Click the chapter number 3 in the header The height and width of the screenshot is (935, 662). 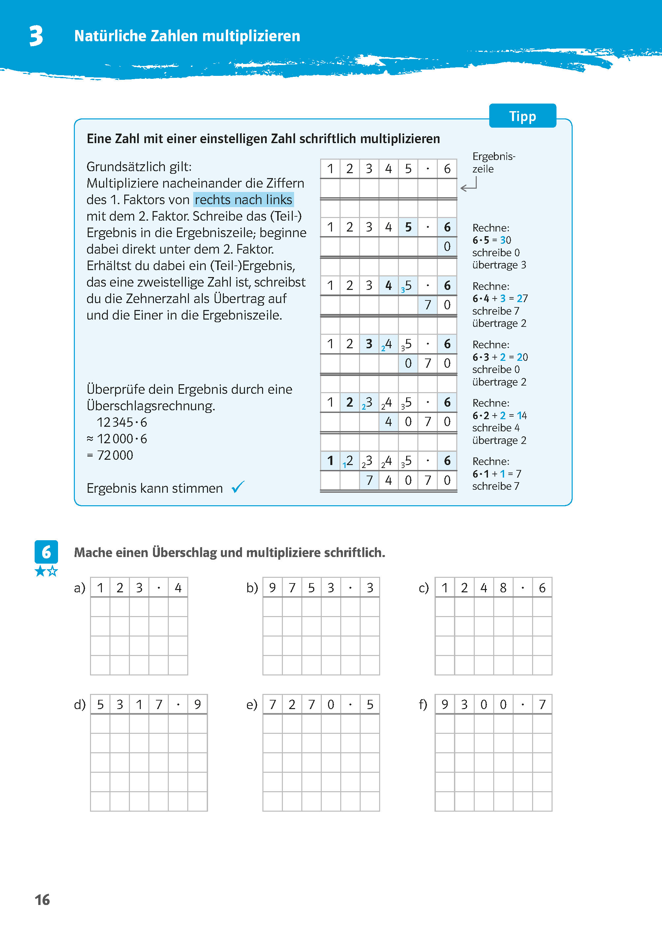click(36, 36)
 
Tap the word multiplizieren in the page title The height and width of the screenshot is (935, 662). click(251, 36)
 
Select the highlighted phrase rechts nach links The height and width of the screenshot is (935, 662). click(243, 200)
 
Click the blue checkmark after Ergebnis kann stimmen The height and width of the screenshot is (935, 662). click(238, 487)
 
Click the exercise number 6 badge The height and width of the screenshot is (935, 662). click(46, 552)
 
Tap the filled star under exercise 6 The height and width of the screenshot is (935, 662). click(40, 571)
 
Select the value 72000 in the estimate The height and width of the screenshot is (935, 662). click(115, 455)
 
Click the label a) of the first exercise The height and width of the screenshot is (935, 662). click(79, 588)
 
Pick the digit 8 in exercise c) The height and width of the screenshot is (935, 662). click(503, 588)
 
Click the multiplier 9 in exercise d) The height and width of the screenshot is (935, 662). click(197, 704)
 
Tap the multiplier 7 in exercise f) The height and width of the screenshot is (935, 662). click(542, 704)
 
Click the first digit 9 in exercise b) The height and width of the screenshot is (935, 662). click(272, 588)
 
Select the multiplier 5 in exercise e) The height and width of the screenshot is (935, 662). click(370, 704)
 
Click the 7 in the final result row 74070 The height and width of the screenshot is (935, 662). click(369, 480)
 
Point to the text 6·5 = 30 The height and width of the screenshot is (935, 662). click(491, 240)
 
